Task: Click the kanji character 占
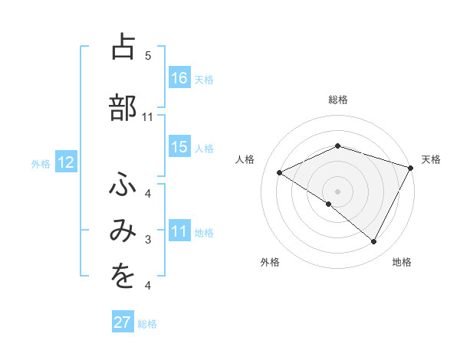pos(123,48)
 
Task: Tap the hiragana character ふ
pos(123,186)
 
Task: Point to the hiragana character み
pos(123,232)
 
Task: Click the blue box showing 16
pos(179,77)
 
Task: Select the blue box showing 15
pos(179,147)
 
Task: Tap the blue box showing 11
pos(179,231)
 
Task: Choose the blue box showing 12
pos(66,162)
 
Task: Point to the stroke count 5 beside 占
pos(148,56)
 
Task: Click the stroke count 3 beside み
pos(148,241)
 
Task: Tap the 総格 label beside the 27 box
pos(148,323)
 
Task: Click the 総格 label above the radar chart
pos(338,100)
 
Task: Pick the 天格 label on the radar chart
pos(432,159)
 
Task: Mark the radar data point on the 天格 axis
pos(410,167)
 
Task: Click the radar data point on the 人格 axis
pos(280,172)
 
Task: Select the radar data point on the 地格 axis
pos(374,242)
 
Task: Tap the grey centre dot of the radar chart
pos(337,191)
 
